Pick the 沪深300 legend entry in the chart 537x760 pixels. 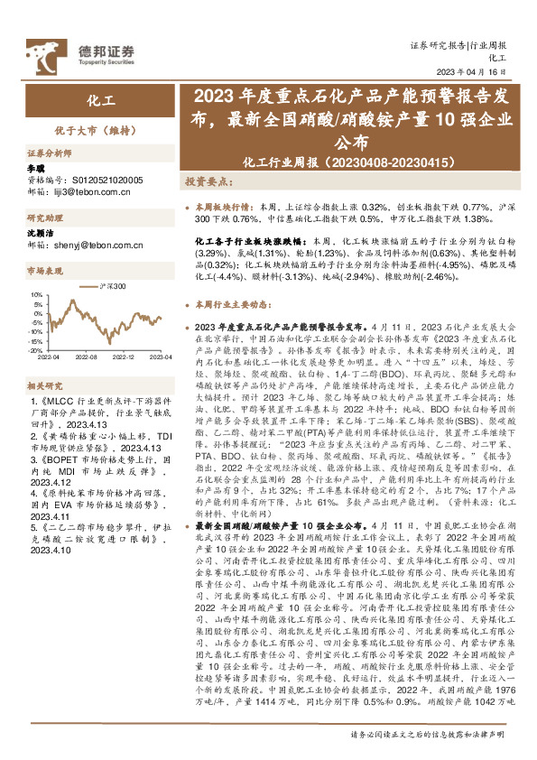coord(109,286)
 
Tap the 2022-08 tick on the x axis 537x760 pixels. coord(87,357)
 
